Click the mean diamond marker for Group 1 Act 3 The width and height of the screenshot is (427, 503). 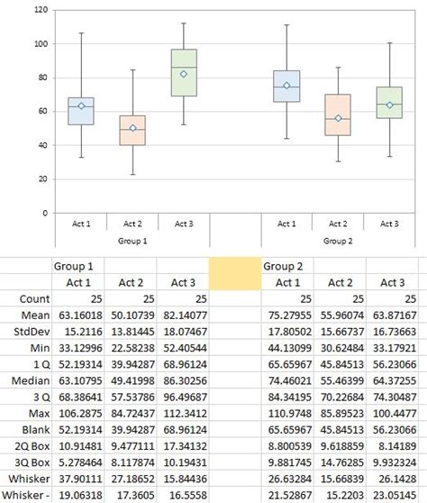184,74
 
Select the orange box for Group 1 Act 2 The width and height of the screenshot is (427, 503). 132,130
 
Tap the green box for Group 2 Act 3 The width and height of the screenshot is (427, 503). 389,103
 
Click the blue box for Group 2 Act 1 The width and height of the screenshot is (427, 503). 286,86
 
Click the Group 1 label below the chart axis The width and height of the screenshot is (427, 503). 132,241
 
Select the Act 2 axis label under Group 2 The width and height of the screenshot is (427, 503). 338,224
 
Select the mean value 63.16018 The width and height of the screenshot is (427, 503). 78,316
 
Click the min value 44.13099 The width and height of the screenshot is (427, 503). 286,350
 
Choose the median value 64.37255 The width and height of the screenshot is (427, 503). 391,384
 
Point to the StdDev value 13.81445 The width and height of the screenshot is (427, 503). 131,333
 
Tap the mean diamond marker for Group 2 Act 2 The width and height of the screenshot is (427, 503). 338,118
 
